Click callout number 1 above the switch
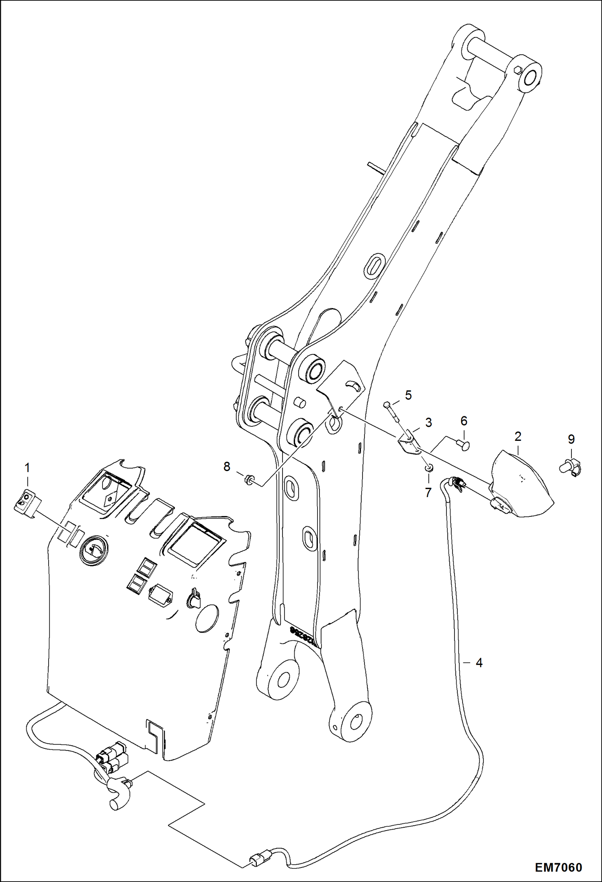[27, 468]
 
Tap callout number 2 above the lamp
[518, 436]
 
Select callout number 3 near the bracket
[428, 422]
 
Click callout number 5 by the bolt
[408, 395]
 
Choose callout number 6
[464, 421]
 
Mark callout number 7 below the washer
[428, 491]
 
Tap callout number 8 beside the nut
[227, 467]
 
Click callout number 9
[571, 439]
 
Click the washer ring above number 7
[429, 468]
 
